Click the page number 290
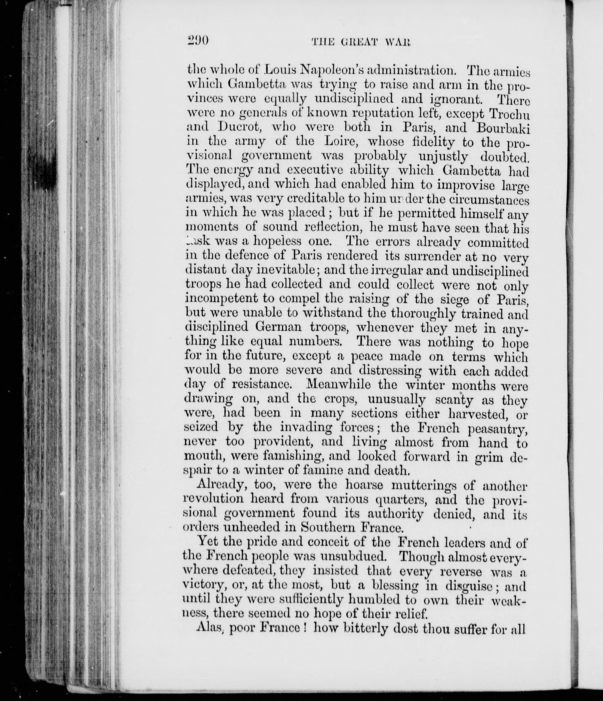tap(198, 40)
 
